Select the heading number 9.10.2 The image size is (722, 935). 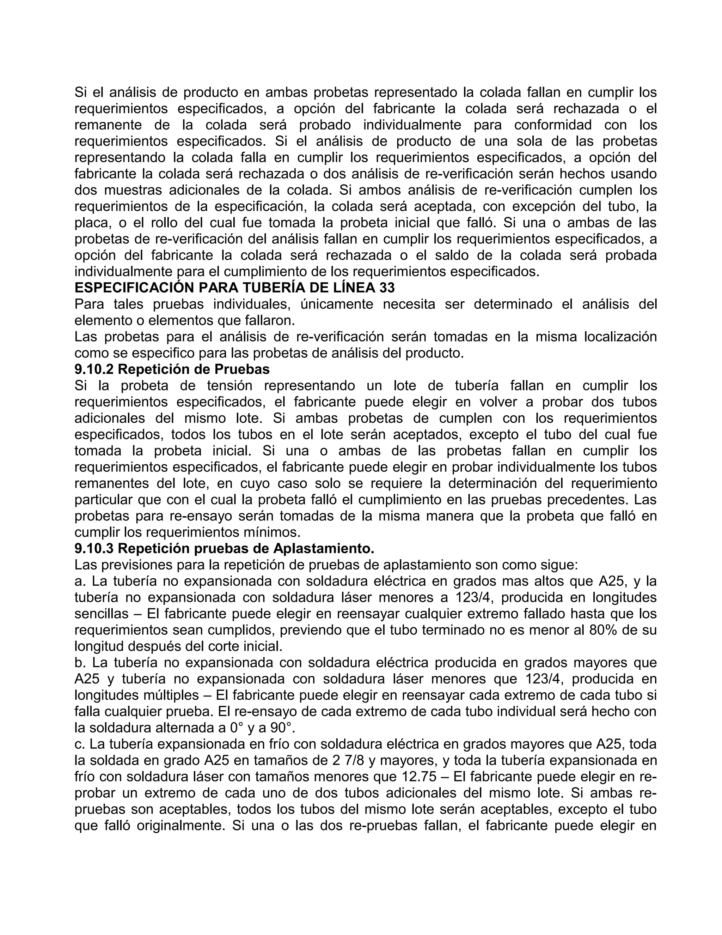click(94, 369)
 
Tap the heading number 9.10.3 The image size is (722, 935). click(94, 548)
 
